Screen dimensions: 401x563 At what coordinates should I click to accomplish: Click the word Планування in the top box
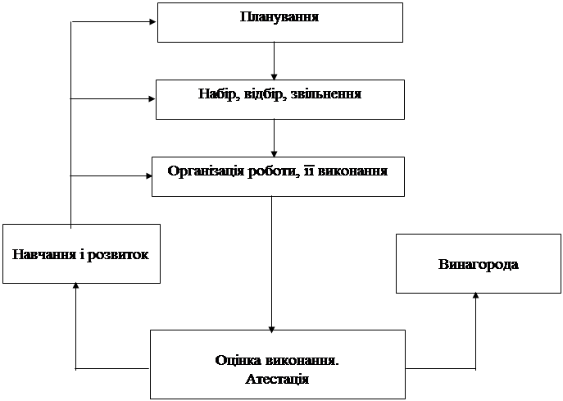point(279,17)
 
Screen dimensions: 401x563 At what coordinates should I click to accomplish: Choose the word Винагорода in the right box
point(479,264)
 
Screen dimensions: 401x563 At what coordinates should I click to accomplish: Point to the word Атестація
point(277,379)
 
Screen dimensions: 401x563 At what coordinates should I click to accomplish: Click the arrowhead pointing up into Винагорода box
point(476,297)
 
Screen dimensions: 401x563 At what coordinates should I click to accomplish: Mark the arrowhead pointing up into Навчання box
point(75,287)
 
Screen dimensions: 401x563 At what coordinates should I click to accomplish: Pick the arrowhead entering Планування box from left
point(153,21)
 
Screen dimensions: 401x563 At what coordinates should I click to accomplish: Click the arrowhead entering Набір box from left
point(152,99)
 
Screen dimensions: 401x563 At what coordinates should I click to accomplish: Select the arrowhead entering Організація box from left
point(149,175)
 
